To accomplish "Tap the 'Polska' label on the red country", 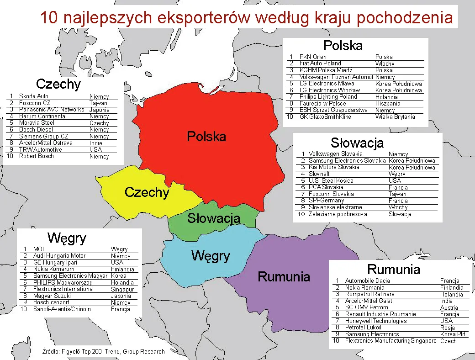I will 206,136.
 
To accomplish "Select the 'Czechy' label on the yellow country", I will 147,192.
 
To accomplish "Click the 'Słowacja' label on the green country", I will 213,218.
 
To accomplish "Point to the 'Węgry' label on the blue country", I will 210,255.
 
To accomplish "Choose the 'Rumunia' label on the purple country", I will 284,276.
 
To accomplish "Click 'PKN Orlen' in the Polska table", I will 313,57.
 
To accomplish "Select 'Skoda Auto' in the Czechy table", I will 33,96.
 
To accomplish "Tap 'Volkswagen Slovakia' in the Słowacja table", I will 335,154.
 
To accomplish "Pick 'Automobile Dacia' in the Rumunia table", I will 367,281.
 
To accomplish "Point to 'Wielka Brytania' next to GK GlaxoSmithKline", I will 395,117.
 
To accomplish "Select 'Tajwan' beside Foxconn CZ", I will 98,103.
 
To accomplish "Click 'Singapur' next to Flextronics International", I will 122,289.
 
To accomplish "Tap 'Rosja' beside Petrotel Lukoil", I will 448,328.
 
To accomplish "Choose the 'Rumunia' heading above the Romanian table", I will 393,269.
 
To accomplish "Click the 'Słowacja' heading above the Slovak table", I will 357,143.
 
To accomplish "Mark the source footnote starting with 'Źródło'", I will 103,352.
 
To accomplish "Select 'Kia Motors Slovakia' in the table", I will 334,167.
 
